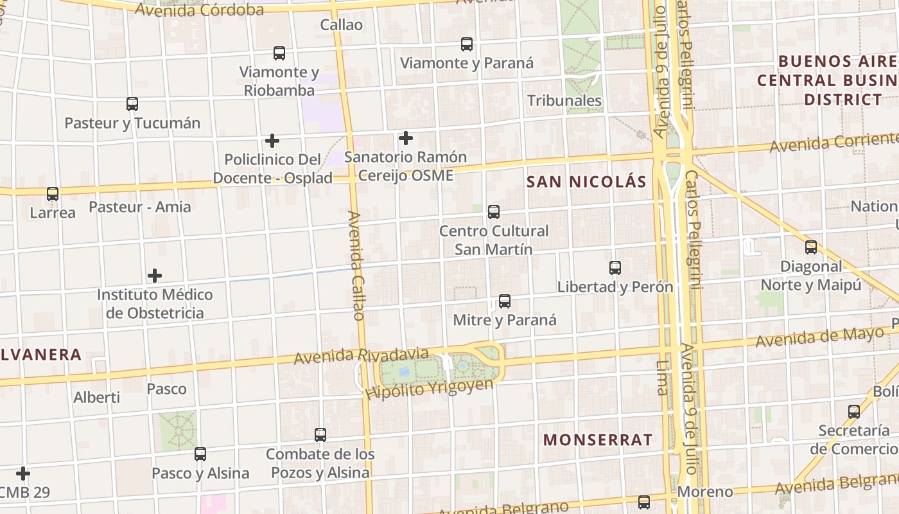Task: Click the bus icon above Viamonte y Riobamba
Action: click(279, 53)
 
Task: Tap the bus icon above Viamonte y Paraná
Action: click(467, 44)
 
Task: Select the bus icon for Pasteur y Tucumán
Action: click(132, 104)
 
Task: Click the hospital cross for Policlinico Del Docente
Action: click(272, 140)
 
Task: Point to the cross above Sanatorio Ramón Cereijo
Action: click(406, 137)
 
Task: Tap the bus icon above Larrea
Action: click(53, 193)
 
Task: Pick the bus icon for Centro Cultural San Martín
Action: click(494, 212)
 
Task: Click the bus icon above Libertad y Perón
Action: click(615, 268)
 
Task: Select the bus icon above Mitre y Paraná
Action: click(505, 301)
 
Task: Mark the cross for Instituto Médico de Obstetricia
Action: click(155, 276)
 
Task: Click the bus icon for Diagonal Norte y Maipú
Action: click(811, 247)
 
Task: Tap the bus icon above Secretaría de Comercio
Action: click(854, 412)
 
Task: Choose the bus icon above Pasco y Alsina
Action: click(200, 454)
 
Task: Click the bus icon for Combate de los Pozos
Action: click(320, 435)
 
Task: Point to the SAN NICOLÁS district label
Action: click(586, 182)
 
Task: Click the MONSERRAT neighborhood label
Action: click(598, 440)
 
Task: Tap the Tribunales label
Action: click(564, 101)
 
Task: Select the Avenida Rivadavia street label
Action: click(361, 355)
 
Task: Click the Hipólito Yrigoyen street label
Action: click(429, 388)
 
